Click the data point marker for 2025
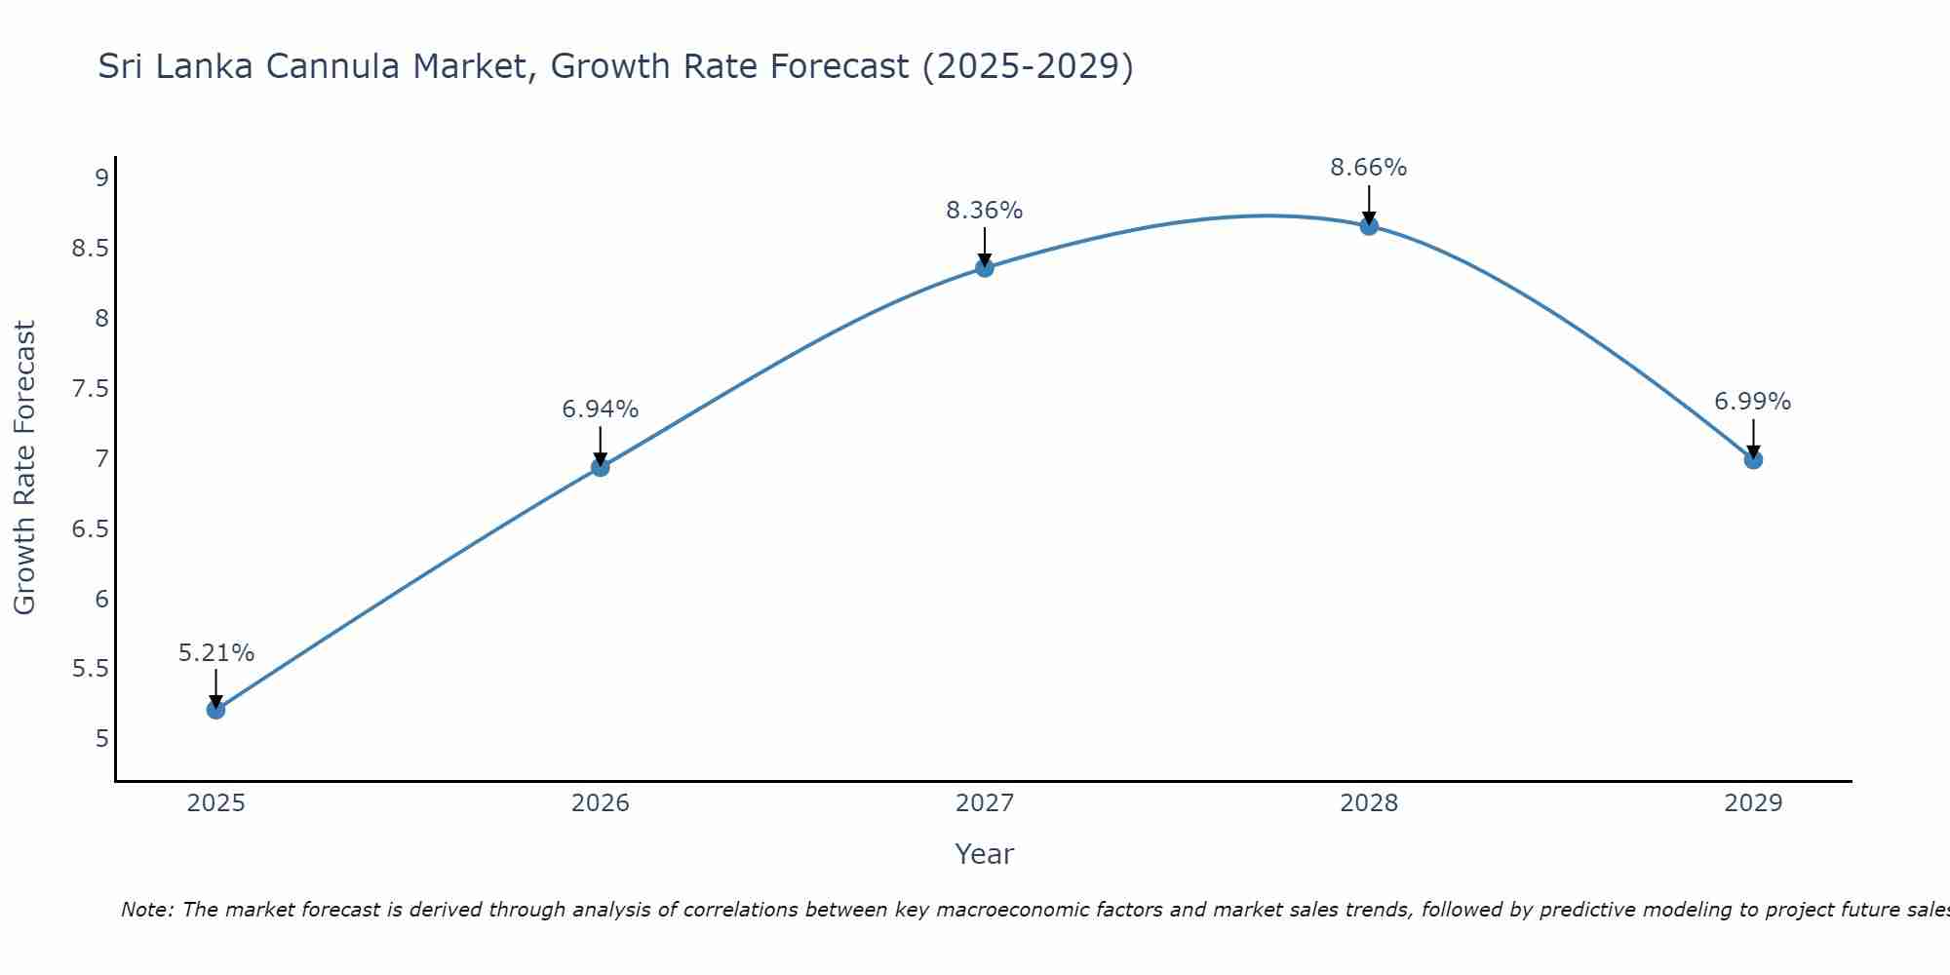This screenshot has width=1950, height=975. (216, 710)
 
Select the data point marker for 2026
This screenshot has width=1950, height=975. (601, 467)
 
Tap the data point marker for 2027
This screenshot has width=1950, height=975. (985, 268)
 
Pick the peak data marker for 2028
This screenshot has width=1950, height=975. (1369, 226)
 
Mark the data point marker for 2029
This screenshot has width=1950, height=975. (1753, 459)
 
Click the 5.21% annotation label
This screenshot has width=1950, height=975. (216, 653)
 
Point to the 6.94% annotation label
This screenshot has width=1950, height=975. (601, 409)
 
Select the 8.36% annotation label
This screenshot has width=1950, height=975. (985, 211)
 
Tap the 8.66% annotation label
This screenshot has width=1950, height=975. (1369, 168)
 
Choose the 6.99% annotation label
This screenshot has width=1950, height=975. (1753, 402)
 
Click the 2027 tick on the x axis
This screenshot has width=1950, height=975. (985, 803)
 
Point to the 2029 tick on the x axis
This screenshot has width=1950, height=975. (1753, 803)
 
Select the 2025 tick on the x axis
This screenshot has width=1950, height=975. (216, 803)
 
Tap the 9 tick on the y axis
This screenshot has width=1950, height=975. (101, 178)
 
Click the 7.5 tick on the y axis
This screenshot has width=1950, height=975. (91, 389)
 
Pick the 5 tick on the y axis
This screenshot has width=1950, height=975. (101, 739)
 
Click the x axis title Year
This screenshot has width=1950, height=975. (985, 855)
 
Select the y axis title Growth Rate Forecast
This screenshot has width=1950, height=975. (25, 468)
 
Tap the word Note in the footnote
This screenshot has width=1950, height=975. (146, 911)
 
